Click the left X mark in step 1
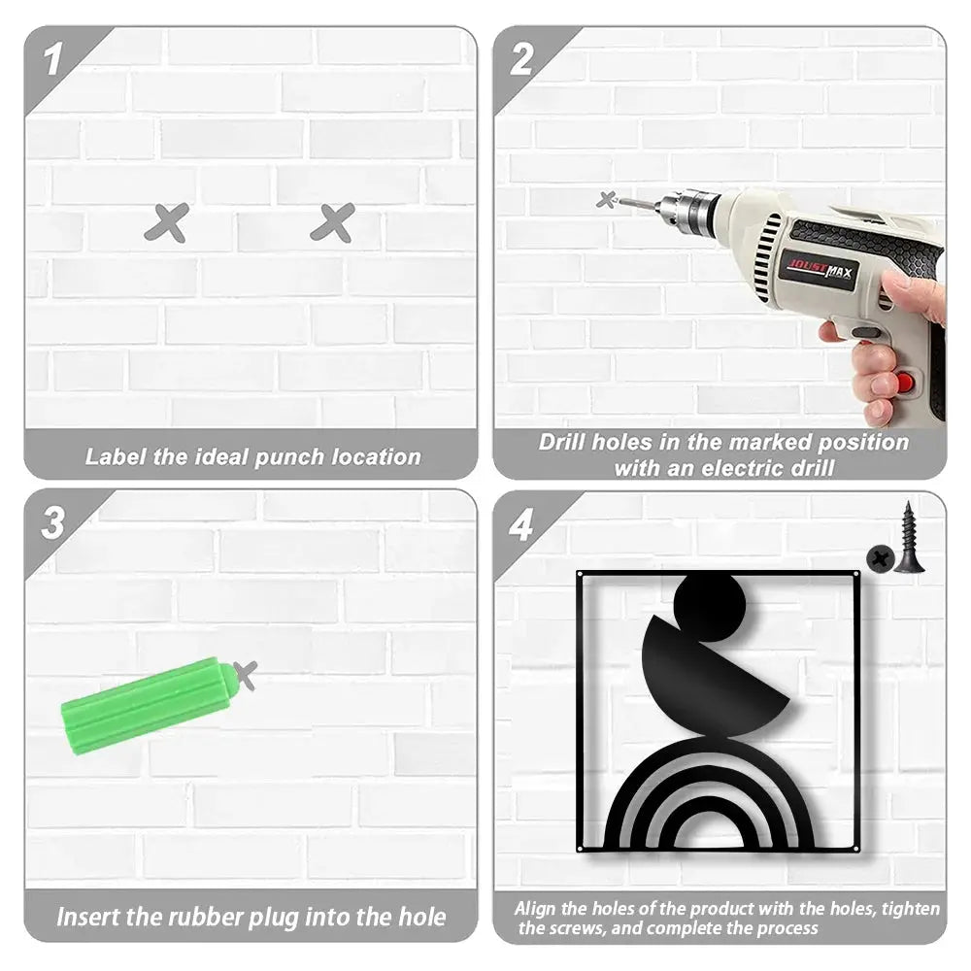(167, 223)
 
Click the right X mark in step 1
(333, 223)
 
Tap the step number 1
(52, 60)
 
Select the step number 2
(521, 60)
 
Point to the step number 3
(53, 522)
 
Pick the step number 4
(521, 525)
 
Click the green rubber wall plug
(150, 705)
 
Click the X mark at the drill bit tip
(607, 200)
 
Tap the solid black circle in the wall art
(711, 602)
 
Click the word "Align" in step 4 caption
(536, 909)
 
